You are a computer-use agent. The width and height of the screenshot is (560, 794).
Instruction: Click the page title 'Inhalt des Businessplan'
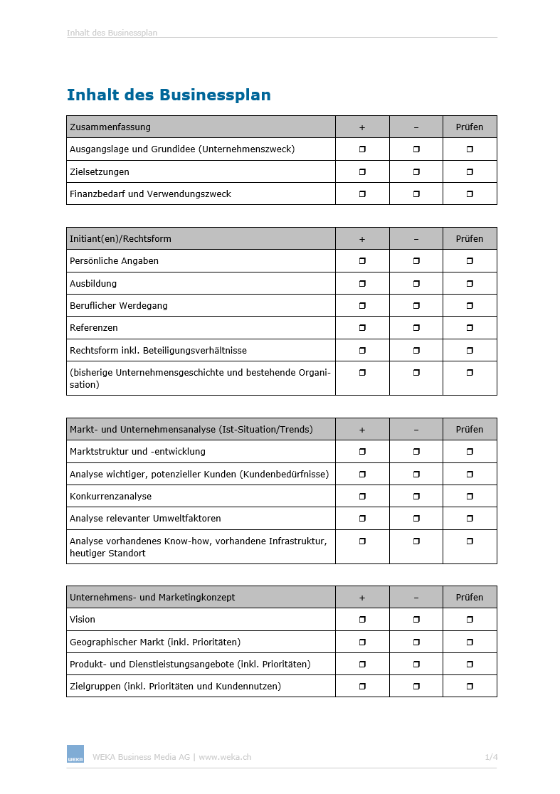(169, 95)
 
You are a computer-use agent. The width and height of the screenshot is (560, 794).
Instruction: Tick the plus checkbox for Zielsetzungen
(362, 171)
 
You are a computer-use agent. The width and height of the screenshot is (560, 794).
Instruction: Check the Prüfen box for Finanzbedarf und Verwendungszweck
(470, 194)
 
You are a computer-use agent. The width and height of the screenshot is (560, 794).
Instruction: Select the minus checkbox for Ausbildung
(416, 283)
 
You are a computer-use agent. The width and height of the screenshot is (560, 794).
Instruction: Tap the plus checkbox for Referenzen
(362, 328)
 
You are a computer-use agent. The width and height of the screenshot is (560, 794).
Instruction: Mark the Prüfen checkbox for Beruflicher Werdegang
(470, 305)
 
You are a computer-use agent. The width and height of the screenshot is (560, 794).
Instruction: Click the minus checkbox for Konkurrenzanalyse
(416, 496)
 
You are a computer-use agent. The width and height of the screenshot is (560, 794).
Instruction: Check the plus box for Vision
(362, 620)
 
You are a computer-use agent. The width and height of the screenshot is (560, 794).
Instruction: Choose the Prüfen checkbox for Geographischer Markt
(470, 642)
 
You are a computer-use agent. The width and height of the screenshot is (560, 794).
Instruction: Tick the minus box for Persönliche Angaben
(416, 261)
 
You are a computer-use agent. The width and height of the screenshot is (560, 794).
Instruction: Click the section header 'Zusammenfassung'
(110, 127)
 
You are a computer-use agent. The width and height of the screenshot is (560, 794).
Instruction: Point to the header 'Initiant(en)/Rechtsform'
(120, 238)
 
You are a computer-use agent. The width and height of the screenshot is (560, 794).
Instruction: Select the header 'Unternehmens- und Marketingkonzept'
(152, 597)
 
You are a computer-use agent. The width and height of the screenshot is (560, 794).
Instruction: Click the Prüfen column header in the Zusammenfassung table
(470, 127)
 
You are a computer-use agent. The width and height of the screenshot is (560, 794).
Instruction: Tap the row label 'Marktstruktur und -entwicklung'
(137, 451)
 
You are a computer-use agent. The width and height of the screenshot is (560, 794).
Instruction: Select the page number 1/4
(491, 757)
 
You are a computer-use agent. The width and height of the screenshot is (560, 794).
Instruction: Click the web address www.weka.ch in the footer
(225, 757)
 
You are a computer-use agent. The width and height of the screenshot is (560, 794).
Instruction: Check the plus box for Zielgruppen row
(362, 687)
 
